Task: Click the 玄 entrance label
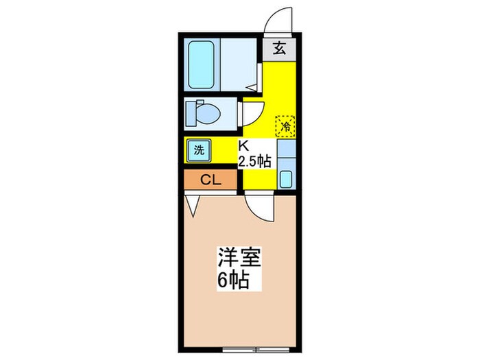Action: pyautogui.click(x=280, y=49)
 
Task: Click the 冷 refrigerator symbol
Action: pyautogui.click(x=285, y=125)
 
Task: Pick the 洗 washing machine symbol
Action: pyautogui.click(x=198, y=150)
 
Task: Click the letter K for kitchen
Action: pyautogui.click(x=243, y=145)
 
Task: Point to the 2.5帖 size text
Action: pyautogui.click(x=254, y=162)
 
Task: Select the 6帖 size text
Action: pyautogui.click(x=234, y=280)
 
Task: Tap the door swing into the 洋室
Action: pyautogui.click(x=261, y=205)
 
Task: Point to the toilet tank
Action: pyautogui.click(x=190, y=112)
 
